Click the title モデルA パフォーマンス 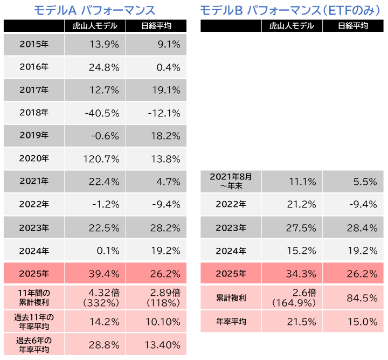pos(94,10)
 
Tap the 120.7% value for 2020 pos(100,159)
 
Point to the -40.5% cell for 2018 pos(101,113)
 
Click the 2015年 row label pos(33,45)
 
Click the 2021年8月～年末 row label pos(231,182)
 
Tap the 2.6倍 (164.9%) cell pos(294,297)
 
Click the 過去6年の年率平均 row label pos(33,344)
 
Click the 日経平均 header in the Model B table pos(353,26)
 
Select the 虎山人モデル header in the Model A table pos(94,26)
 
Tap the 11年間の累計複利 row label pos(33,297)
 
